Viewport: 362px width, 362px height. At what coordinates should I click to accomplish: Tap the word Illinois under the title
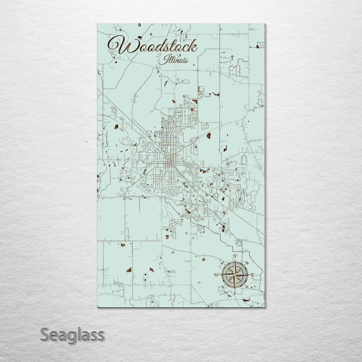(173, 60)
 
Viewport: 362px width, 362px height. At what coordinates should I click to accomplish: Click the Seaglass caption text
(72, 335)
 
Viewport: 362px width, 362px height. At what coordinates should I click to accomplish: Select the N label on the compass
(235, 257)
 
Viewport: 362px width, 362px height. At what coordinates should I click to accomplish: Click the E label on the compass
(252, 275)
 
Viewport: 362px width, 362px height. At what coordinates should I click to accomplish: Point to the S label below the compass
(235, 293)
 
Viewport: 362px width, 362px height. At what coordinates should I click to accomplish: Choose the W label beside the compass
(217, 275)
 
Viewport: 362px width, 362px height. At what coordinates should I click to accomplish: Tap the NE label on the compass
(247, 263)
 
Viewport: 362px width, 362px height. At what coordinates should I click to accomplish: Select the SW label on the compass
(223, 287)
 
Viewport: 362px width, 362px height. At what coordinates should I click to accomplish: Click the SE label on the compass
(247, 287)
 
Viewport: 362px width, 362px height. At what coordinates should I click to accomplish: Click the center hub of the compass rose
(235, 275)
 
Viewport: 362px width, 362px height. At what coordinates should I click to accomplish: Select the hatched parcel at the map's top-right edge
(260, 45)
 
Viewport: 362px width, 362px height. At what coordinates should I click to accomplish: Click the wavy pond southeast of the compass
(246, 300)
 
